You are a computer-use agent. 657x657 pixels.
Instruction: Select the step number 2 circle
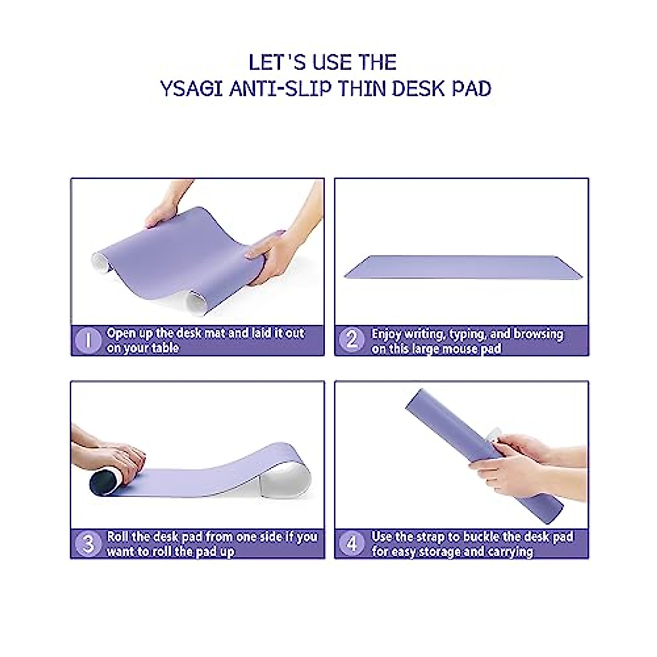[x=351, y=341]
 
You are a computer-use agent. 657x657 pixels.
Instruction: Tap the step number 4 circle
[x=351, y=544]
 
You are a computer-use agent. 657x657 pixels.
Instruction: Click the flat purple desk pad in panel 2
[x=463, y=268]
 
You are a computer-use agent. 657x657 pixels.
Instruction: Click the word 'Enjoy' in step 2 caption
[x=387, y=334]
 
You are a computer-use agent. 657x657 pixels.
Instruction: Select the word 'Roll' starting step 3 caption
[x=118, y=537]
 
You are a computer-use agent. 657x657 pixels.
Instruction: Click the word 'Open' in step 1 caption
[x=122, y=333]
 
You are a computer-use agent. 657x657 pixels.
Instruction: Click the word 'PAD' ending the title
[x=471, y=88]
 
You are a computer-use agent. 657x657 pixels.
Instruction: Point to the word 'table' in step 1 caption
[x=164, y=348]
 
